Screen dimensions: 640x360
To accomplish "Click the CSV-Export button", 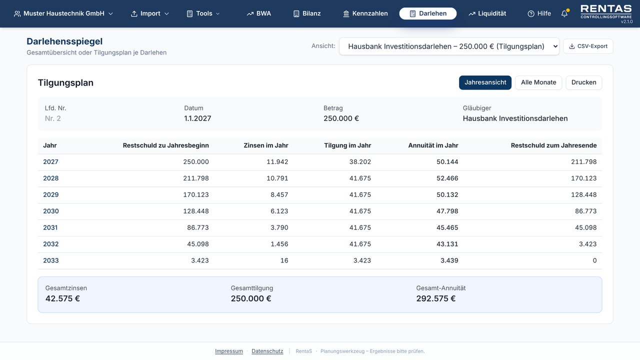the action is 588,46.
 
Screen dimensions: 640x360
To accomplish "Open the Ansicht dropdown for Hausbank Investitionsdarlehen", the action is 449,46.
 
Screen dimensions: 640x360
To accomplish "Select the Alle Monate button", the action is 538,82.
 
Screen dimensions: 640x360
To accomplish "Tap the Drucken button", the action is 583,82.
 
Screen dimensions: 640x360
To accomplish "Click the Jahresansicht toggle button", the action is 485,82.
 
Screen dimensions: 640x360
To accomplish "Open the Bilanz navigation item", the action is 307,13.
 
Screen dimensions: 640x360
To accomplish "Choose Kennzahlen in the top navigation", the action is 365,13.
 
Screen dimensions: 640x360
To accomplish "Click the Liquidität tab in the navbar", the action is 487,13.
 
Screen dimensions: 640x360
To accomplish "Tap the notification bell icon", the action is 564,13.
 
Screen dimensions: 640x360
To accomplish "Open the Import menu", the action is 149,13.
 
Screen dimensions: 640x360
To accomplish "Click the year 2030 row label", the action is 51,211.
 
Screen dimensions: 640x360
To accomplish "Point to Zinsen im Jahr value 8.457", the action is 279,194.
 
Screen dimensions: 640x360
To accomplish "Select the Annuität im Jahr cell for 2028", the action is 447,178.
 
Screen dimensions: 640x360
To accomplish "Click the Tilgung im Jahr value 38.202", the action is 360,161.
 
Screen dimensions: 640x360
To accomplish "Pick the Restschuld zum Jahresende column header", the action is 553,145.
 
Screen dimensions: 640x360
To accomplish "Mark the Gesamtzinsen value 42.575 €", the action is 62,298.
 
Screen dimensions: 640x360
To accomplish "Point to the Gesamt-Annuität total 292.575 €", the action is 435,298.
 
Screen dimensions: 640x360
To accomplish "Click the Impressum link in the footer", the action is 229,351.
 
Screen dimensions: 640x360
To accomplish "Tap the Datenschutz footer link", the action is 267,351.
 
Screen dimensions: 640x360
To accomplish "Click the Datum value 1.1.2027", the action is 197,118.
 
